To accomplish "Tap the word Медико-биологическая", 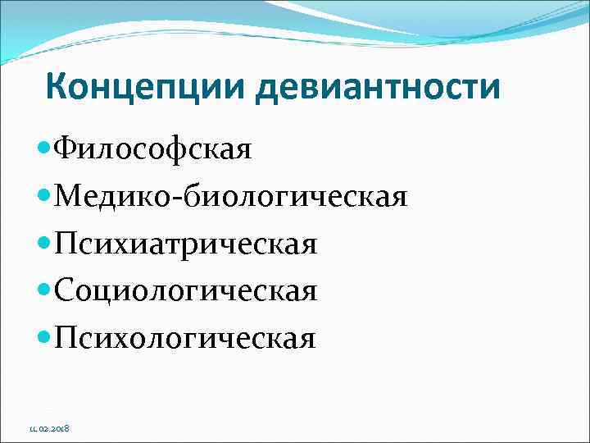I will [x=229, y=197].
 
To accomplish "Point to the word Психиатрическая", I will [x=184, y=244].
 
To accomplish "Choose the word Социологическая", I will [x=185, y=290].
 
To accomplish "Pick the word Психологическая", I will [x=184, y=337].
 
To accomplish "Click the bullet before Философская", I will [x=44, y=150].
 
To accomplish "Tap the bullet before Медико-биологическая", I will [x=44, y=197].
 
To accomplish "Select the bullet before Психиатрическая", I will [x=44, y=244].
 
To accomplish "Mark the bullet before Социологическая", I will [x=44, y=290].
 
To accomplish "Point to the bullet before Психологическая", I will [x=44, y=337].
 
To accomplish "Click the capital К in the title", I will [x=57, y=86].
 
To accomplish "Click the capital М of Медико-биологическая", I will [x=66, y=197].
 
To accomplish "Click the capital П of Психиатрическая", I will [x=64, y=244].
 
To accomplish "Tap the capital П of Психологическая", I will [x=64, y=337].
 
